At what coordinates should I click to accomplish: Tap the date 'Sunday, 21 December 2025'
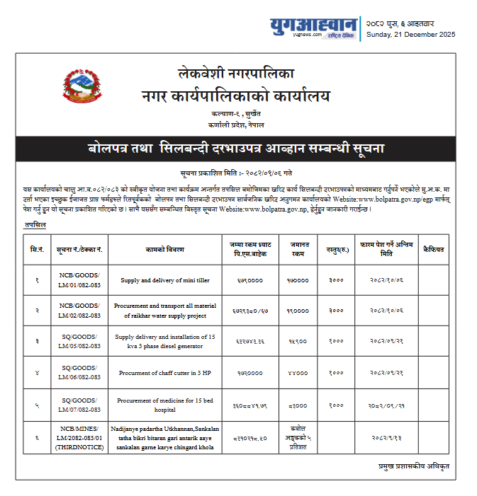(410, 35)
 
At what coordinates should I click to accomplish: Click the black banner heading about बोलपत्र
(237, 149)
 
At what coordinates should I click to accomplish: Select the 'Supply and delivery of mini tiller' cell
(164, 280)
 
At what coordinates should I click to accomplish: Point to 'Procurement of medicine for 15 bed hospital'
(164, 405)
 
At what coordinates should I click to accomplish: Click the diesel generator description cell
(164, 342)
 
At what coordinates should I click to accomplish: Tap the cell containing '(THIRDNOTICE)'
(79, 442)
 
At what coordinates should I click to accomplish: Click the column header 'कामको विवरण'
(164, 249)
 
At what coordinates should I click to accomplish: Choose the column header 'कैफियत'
(433, 249)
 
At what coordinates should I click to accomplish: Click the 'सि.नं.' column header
(37, 249)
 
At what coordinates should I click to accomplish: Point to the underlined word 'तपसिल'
(35, 224)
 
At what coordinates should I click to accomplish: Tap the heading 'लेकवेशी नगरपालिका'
(235, 73)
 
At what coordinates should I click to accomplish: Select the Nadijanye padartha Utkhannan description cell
(164, 442)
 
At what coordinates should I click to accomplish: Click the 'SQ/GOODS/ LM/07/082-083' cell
(79, 405)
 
